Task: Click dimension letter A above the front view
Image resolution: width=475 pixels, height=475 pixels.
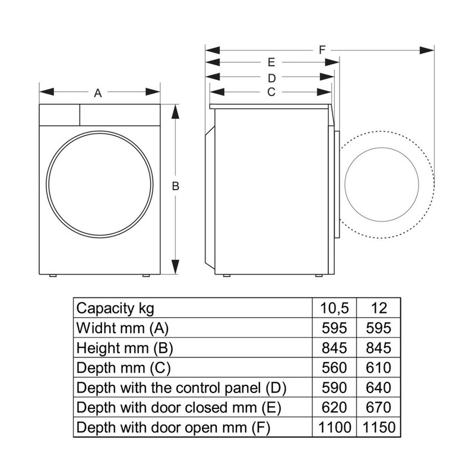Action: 97,93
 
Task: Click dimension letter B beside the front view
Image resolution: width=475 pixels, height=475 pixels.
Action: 175,186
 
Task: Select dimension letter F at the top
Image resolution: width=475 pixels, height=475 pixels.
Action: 322,50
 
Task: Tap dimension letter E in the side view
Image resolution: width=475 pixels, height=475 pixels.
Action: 271,62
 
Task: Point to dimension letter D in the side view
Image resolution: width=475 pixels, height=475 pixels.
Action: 272,78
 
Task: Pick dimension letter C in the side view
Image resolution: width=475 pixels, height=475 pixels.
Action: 271,92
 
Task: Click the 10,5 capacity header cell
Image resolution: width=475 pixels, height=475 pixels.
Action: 334,308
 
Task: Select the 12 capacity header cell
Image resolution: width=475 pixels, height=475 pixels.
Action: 379,308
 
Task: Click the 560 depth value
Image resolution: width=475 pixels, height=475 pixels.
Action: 334,368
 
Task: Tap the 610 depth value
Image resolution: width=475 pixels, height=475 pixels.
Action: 379,368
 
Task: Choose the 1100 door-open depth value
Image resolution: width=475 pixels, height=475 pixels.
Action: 335,427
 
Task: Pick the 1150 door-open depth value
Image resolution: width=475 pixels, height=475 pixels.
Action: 379,427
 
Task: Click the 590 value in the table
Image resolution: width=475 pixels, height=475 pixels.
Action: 334,388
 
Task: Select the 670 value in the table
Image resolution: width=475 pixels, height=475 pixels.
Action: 379,407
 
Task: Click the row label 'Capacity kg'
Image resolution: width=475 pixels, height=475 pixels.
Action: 115,309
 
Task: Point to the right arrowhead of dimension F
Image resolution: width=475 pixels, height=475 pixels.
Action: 426,50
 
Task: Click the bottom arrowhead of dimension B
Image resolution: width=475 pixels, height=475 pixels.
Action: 175,267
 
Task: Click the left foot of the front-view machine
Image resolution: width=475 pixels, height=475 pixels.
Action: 53,275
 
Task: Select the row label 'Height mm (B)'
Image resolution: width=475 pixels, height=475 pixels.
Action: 125,349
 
